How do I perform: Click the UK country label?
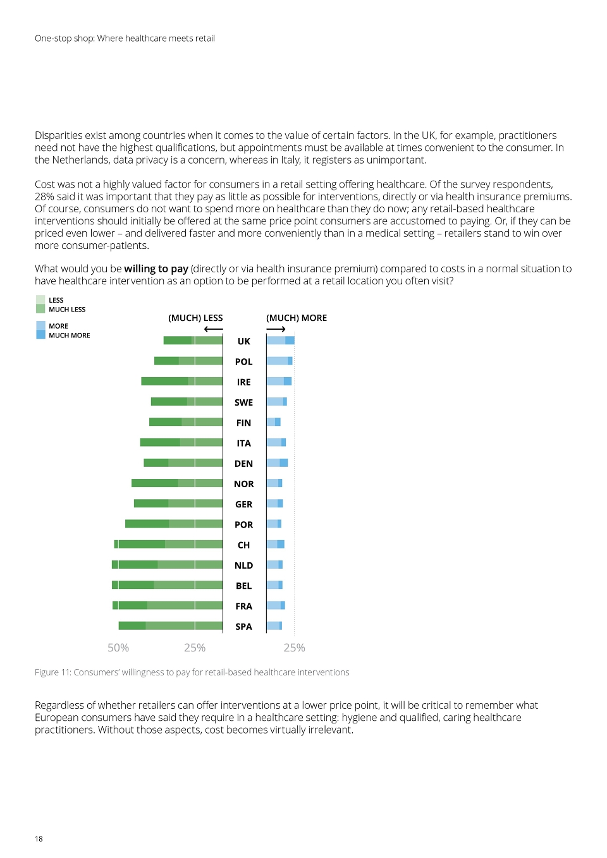pyautogui.click(x=243, y=341)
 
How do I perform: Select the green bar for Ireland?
pyautogui.click(x=181, y=381)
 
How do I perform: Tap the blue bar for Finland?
pyautogui.click(x=274, y=421)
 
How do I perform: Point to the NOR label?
pyautogui.click(x=243, y=484)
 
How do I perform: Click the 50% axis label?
pyautogui.click(x=118, y=648)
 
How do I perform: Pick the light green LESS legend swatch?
pyautogui.click(x=40, y=299)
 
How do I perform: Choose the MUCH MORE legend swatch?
pyautogui.click(x=40, y=335)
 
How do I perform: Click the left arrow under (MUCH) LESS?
pyautogui.click(x=214, y=329)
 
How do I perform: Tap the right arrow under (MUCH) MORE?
pyautogui.click(x=276, y=329)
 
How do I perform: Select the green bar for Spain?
pyautogui.click(x=171, y=626)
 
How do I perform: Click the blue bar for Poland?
pyautogui.click(x=279, y=361)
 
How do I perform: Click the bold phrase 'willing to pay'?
pyautogui.click(x=156, y=269)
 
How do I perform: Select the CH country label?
pyautogui.click(x=243, y=545)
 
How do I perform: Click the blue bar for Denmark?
pyautogui.click(x=277, y=462)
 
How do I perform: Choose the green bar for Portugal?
pyautogui.click(x=174, y=524)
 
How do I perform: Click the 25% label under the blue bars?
pyautogui.click(x=294, y=648)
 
